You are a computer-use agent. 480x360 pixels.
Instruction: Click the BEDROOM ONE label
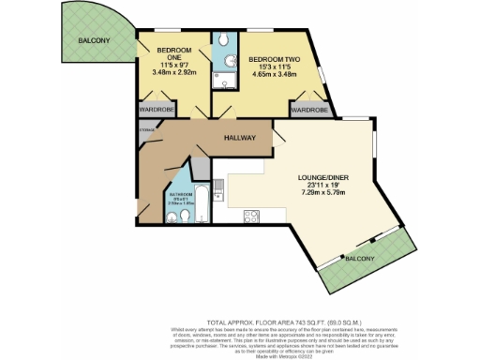coord(173,49)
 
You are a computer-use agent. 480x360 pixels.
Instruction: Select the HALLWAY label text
coord(242,138)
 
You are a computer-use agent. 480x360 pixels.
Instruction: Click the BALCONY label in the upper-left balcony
coord(95,40)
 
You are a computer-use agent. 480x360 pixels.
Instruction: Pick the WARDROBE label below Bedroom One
coord(159,110)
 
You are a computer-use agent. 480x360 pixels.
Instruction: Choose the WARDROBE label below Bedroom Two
coord(309,110)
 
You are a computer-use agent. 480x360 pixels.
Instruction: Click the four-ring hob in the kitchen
coord(251,217)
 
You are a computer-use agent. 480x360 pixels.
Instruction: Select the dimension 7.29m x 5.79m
coord(314,194)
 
